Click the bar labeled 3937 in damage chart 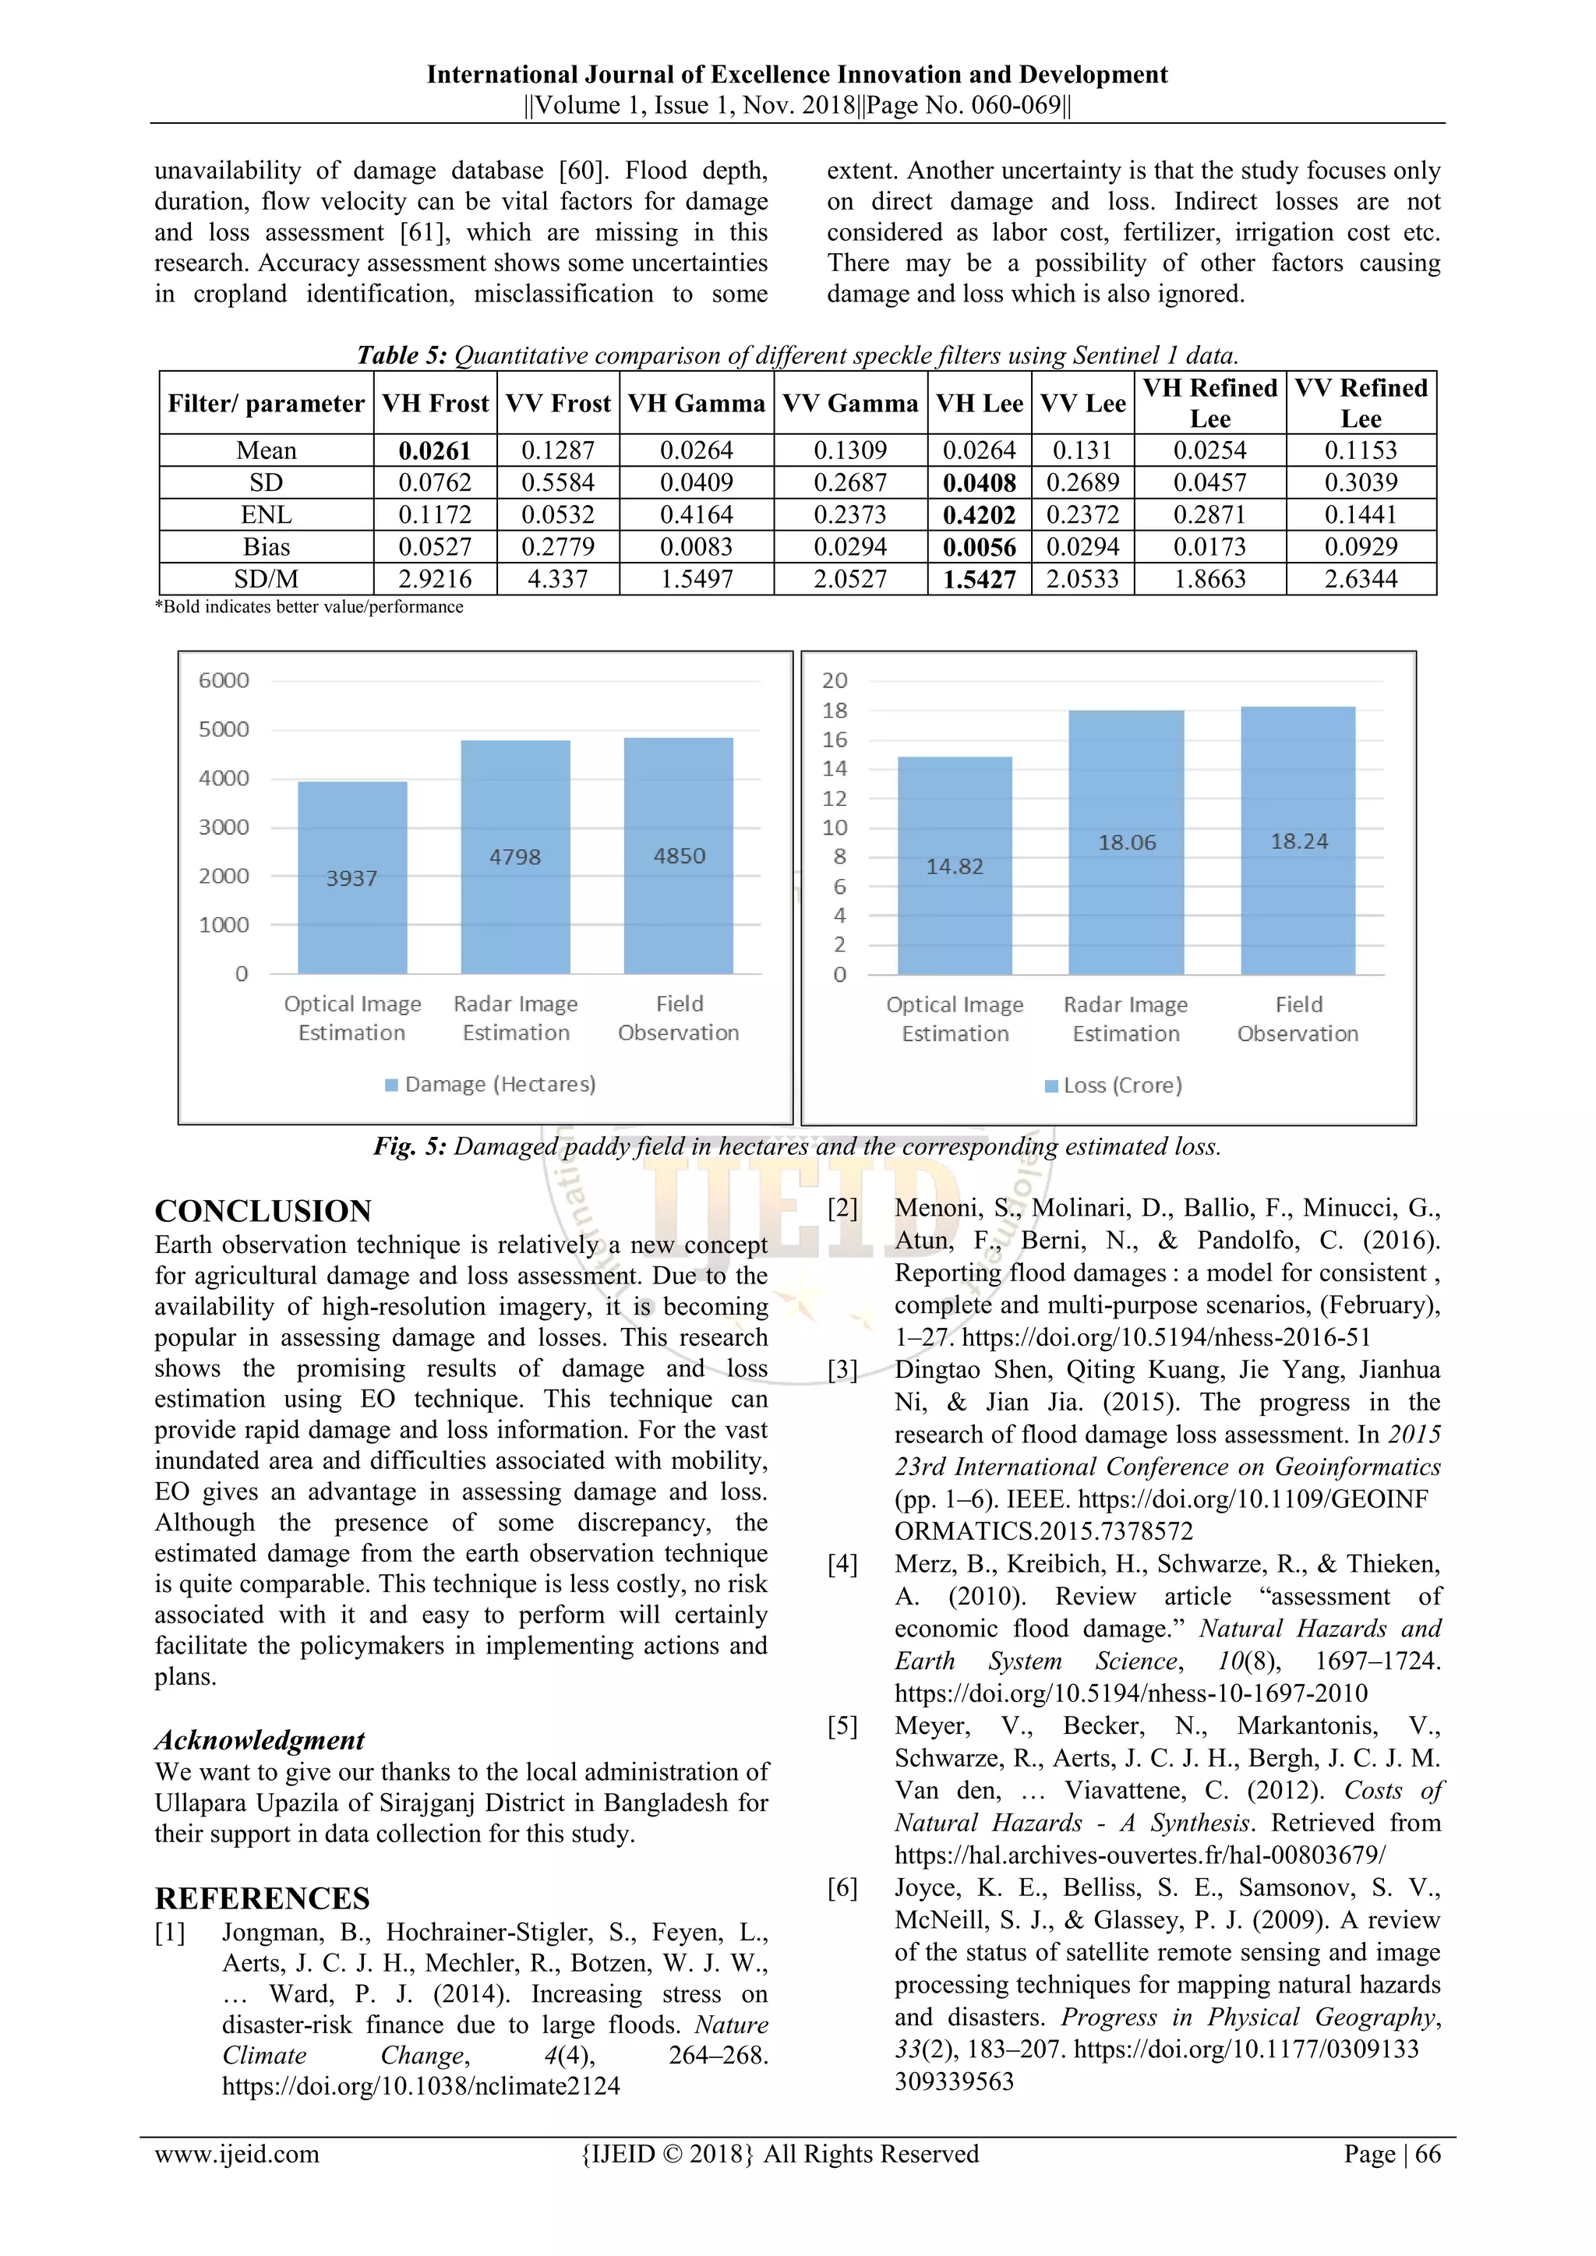pos(351,877)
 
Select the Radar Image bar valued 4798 pos(515,856)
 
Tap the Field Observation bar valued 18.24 pos(1298,841)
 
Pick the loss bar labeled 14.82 pos(955,866)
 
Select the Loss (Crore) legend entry pos(1114,1085)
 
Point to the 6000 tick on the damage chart pos(224,680)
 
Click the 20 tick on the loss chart pos(835,680)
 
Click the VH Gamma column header pos(696,403)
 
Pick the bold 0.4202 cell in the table pos(979,515)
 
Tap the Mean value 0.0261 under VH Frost pos(434,451)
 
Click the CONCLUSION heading pos(263,1210)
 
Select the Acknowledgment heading pos(260,1739)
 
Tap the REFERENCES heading pos(263,1898)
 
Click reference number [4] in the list pos(842,1563)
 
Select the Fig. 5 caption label pos(410,1146)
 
